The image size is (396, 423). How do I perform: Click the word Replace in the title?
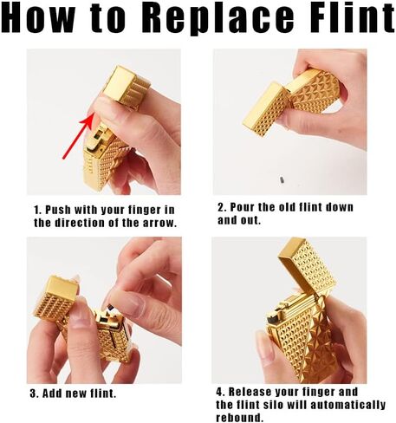218,18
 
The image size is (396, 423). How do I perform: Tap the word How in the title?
38,17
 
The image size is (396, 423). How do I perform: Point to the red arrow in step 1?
78,135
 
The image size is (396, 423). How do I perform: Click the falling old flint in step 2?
282,179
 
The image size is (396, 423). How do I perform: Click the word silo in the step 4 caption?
273,405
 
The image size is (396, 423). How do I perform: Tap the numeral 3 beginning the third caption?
33,394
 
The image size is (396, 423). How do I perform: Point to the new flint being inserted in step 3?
110,307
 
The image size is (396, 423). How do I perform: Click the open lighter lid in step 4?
307,269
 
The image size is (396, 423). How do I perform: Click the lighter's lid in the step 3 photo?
56,297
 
